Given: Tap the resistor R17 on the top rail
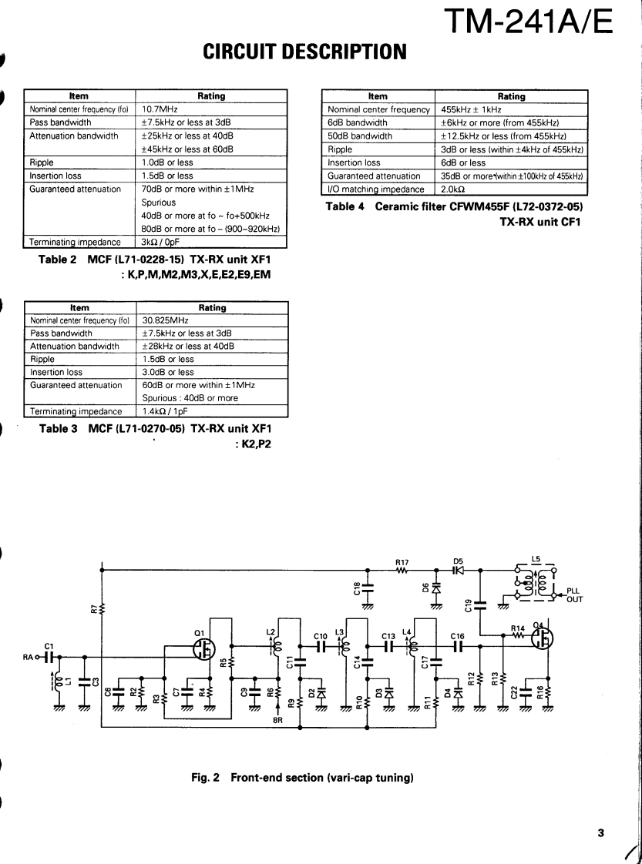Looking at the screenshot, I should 402,571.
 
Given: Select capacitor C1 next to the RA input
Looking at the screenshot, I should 49,657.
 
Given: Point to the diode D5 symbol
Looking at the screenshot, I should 459,571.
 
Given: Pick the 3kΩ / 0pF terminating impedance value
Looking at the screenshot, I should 161,242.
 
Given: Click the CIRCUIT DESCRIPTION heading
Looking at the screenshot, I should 304,52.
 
